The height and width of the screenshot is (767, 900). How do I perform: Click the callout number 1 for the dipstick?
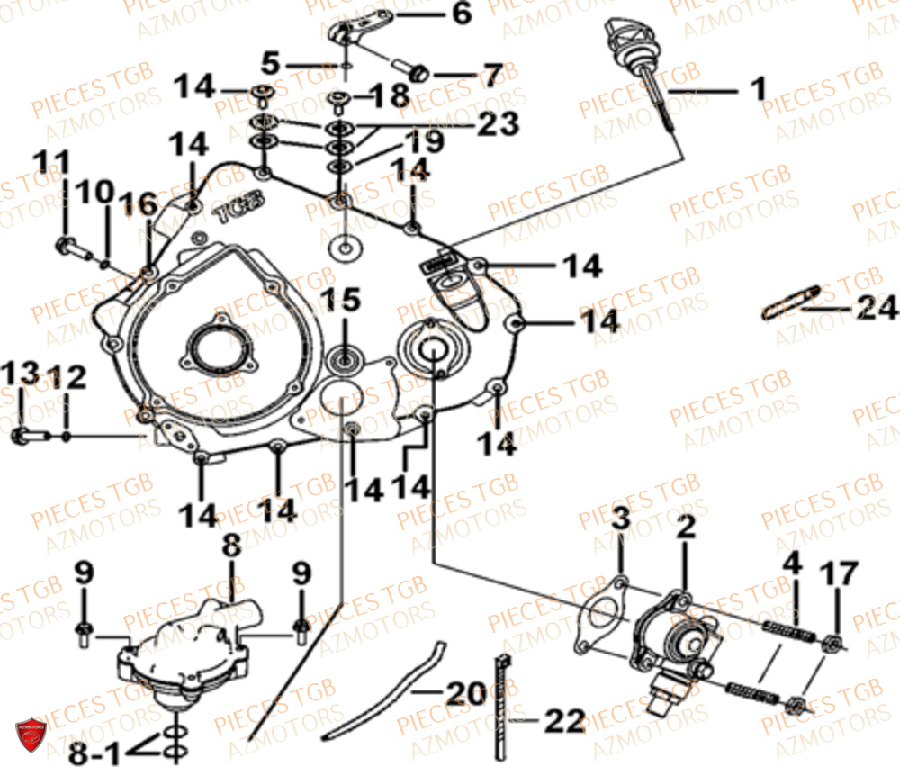pyautogui.click(x=759, y=89)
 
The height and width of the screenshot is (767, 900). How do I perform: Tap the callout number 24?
pyautogui.click(x=876, y=309)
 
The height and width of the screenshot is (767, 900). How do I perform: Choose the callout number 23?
pyautogui.click(x=499, y=123)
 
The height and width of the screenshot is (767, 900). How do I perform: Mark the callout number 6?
pyautogui.click(x=460, y=14)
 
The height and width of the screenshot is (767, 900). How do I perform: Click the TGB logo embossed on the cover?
pyautogui.click(x=238, y=212)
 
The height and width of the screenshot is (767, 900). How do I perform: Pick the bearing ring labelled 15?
pyautogui.click(x=345, y=361)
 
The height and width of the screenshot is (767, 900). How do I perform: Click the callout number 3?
pyautogui.click(x=621, y=520)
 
